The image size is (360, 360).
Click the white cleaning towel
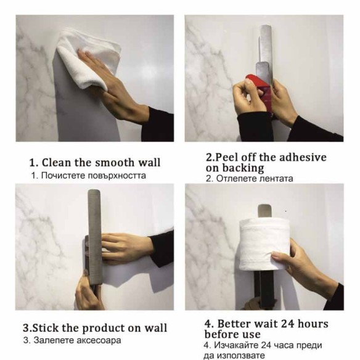pos(89,57)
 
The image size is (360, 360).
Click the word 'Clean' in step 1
pos(57,163)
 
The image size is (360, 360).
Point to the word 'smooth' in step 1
pos(115,163)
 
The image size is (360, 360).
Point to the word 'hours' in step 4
pos(313,324)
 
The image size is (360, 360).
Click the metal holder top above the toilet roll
pos(264,211)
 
